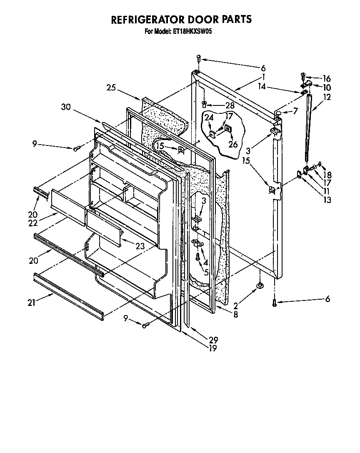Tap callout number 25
tap(111, 88)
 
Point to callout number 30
tap(66, 107)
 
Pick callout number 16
tap(326, 78)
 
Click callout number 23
tap(140, 246)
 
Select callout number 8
tap(236, 315)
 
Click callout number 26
tap(232, 145)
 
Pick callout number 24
tap(209, 118)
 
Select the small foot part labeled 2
tap(260, 285)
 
